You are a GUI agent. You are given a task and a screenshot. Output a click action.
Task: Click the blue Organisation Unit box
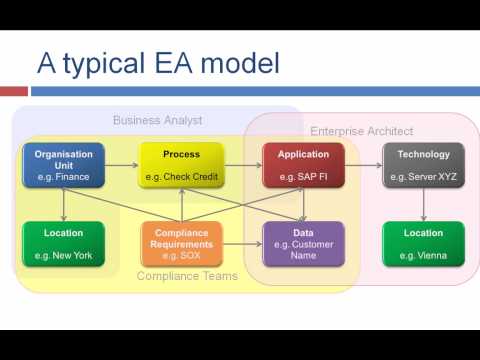(x=64, y=166)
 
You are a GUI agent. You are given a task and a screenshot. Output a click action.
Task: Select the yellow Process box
(x=180, y=166)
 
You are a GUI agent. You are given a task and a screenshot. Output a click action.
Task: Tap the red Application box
(x=302, y=166)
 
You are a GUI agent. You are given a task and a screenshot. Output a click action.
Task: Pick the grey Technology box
(x=423, y=166)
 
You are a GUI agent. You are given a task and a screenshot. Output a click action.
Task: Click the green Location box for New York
(x=64, y=244)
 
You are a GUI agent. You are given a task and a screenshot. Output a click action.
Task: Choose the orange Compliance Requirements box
(x=180, y=244)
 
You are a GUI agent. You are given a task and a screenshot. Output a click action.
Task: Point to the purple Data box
(x=302, y=244)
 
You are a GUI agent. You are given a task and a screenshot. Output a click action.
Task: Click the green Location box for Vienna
(x=423, y=244)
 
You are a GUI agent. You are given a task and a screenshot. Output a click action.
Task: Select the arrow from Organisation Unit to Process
(x=121, y=165)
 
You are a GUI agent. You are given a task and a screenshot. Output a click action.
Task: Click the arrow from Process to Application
(x=242, y=165)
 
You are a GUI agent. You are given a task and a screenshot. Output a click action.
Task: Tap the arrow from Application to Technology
(x=362, y=165)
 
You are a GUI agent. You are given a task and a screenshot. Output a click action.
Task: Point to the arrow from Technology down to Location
(x=423, y=205)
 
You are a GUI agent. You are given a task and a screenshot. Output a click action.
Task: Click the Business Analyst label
(x=157, y=121)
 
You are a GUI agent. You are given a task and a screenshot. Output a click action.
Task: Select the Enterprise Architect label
(x=361, y=131)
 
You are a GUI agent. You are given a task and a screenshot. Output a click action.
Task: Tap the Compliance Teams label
(x=187, y=277)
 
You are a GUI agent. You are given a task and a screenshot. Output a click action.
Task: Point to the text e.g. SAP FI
(x=302, y=177)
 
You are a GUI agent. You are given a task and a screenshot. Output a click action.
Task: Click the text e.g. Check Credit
(x=180, y=177)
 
